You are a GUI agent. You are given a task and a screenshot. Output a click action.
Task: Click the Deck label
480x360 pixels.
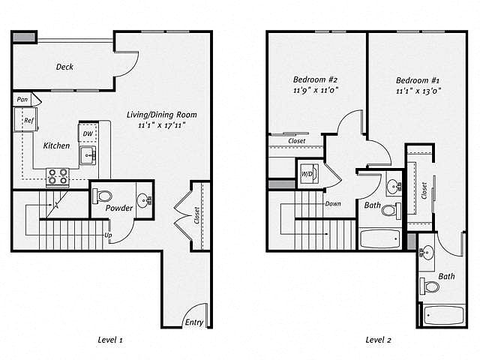[x=64, y=67]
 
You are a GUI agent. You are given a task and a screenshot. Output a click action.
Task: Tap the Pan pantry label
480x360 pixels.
[x=23, y=99]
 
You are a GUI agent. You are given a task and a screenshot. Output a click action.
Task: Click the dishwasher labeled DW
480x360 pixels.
[x=88, y=133]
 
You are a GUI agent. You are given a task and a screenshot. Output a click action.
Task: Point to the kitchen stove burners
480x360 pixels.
[x=58, y=176]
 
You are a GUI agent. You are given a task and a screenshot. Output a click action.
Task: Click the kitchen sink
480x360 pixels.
[x=88, y=156]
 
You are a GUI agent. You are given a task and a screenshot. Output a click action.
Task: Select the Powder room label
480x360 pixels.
[x=119, y=208]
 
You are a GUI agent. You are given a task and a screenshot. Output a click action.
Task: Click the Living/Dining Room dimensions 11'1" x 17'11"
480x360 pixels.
[x=162, y=126]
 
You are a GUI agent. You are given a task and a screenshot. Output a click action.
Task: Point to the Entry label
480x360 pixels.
[x=193, y=322]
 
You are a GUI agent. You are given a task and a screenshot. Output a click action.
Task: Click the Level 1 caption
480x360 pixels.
[x=110, y=340]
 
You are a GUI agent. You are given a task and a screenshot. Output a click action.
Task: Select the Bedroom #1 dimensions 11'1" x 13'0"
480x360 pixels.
[x=418, y=91]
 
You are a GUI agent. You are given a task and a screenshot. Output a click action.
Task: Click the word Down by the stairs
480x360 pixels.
[x=334, y=203]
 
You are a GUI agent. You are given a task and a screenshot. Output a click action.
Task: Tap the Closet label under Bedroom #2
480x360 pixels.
[x=297, y=141]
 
